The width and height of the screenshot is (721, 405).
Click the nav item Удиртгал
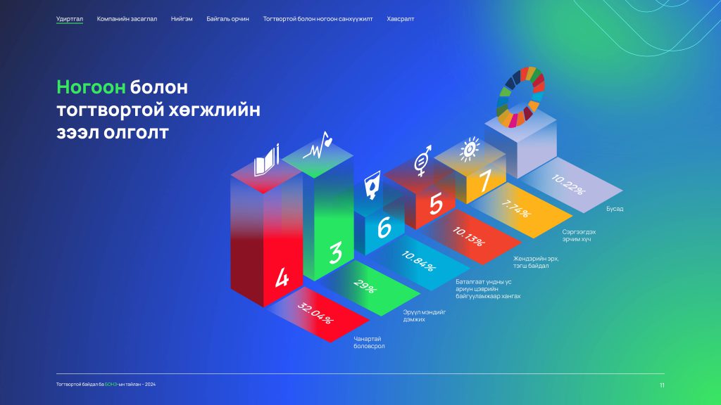point(70,19)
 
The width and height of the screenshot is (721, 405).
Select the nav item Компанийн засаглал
point(127,19)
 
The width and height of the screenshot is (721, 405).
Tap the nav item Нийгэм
point(182,19)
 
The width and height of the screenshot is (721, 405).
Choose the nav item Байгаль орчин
point(227,19)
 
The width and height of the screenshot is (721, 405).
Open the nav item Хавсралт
point(401,19)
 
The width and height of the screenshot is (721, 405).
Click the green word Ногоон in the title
point(91,86)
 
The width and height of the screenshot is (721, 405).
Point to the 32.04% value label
point(315,313)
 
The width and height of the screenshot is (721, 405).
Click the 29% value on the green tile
point(365,287)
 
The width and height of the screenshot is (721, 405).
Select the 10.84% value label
point(418,261)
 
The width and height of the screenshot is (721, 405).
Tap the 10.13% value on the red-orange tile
point(468,236)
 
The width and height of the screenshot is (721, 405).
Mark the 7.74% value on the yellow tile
point(516,208)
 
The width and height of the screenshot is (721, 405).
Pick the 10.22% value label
point(568,185)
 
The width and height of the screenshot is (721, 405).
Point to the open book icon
point(266,161)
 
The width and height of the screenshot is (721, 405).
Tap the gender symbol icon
point(422,161)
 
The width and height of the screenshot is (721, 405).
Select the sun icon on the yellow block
point(469,149)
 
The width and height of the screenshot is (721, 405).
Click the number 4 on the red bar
point(282,277)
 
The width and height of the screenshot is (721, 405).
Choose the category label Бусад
point(614,209)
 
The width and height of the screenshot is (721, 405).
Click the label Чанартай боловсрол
point(369,342)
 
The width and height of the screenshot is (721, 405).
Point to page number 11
point(662,385)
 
